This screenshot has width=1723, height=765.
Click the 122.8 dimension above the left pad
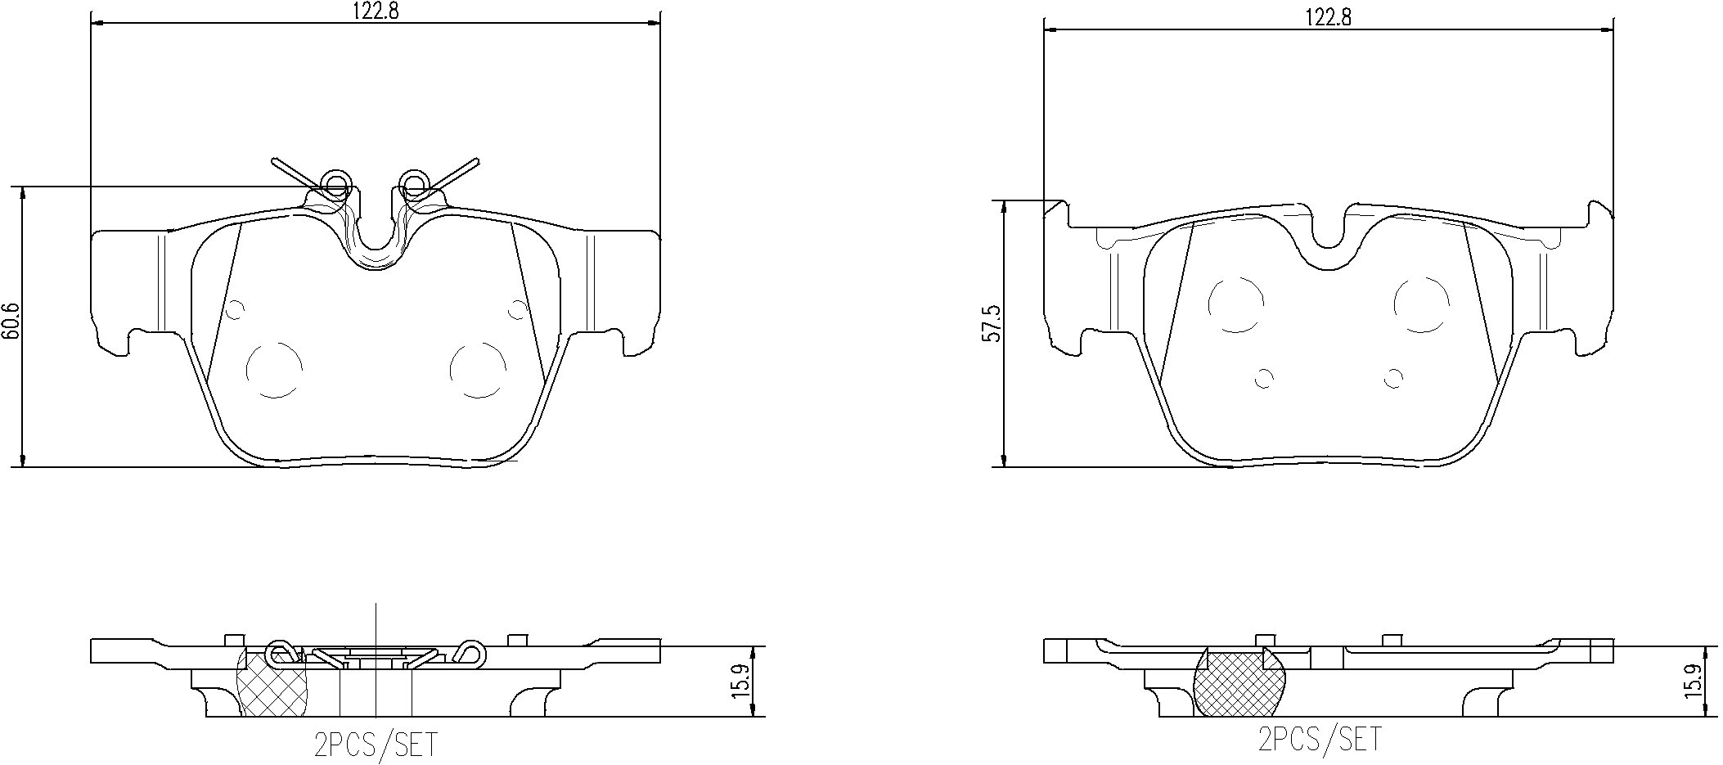pos(375,11)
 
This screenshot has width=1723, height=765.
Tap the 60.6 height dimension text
pos(10,326)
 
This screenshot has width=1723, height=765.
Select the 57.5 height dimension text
pos(992,324)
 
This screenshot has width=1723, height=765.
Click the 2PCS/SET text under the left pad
pos(376,745)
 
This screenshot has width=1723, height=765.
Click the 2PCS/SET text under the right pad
pos(1319,739)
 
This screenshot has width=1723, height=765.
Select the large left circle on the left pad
pos(274,370)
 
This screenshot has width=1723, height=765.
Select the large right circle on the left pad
pos(479,370)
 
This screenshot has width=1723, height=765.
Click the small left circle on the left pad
pos(235,309)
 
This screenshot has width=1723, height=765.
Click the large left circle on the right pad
pos(1235,304)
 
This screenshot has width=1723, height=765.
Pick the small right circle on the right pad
pos(1393,378)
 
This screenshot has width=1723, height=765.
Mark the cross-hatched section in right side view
pos(1239,683)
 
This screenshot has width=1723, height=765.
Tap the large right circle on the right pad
pos(1422,304)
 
